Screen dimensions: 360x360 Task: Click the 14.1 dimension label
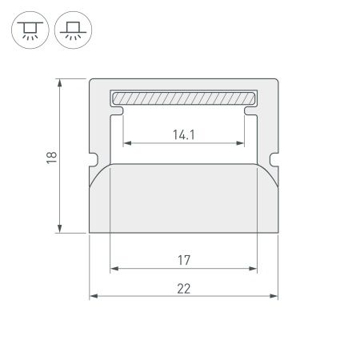184,134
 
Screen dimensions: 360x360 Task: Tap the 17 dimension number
184,260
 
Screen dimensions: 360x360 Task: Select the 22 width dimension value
184,289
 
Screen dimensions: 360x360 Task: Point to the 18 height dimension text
51,158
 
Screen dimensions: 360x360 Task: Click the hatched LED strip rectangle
184,98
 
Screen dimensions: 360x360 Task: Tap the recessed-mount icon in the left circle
30,30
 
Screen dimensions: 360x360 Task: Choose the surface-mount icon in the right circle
73,30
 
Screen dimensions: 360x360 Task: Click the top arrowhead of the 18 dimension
60,82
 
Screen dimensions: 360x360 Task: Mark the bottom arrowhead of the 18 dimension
60,229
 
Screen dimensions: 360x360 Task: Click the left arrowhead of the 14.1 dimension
127,143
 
